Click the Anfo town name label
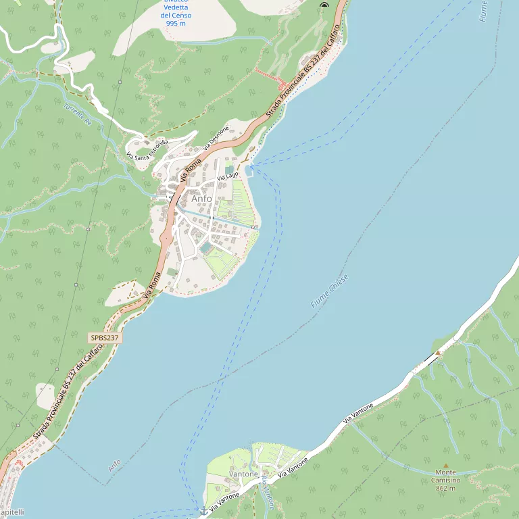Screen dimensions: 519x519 point(201,199)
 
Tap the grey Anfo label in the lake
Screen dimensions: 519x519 point(114,466)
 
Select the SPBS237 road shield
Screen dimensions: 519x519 point(105,337)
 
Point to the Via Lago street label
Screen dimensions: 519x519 point(228,176)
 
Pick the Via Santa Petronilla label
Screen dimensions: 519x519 point(147,149)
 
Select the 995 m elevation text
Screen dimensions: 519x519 point(176,23)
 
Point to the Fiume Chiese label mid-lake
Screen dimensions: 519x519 point(330,291)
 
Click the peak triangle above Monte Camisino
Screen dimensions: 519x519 point(445,466)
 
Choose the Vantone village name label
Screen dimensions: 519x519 point(244,474)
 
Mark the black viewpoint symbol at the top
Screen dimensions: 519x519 point(324,5)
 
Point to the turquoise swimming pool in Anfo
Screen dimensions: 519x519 point(205,249)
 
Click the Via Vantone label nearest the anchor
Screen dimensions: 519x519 point(224,501)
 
